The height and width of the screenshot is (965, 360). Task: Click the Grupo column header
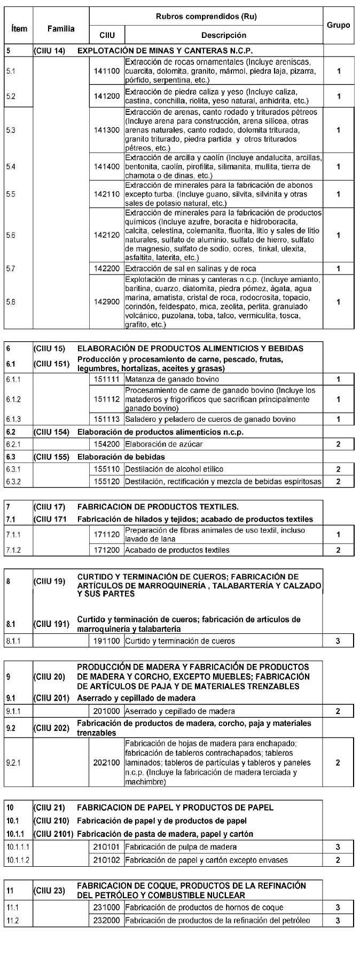click(x=338, y=25)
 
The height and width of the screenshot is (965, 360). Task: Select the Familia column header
click(x=60, y=28)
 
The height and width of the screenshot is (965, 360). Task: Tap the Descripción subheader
click(x=223, y=35)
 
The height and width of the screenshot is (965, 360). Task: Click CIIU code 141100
click(x=107, y=71)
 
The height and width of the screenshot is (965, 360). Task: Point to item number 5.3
click(x=11, y=130)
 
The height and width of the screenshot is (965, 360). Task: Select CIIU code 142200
click(x=107, y=269)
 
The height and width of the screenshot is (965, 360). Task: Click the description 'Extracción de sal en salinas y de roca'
click(x=190, y=269)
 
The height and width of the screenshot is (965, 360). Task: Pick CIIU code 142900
click(x=107, y=302)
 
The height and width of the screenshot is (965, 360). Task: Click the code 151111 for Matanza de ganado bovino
click(x=107, y=379)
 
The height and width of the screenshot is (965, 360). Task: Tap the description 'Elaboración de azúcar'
click(x=163, y=444)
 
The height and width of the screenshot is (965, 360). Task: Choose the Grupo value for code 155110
click(x=338, y=469)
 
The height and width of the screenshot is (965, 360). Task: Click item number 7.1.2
click(x=13, y=550)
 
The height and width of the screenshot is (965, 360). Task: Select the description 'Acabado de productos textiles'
click(x=177, y=550)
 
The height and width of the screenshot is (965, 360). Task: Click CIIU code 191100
click(x=107, y=641)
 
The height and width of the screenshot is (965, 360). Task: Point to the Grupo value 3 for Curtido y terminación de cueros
click(x=338, y=641)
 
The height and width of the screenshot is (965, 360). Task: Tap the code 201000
click(x=107, y=711)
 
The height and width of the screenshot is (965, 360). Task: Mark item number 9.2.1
click(x=13, y=763)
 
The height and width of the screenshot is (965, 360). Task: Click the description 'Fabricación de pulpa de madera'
click(x=181, y=847)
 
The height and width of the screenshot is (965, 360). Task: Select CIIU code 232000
click(x=107, y=920)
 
